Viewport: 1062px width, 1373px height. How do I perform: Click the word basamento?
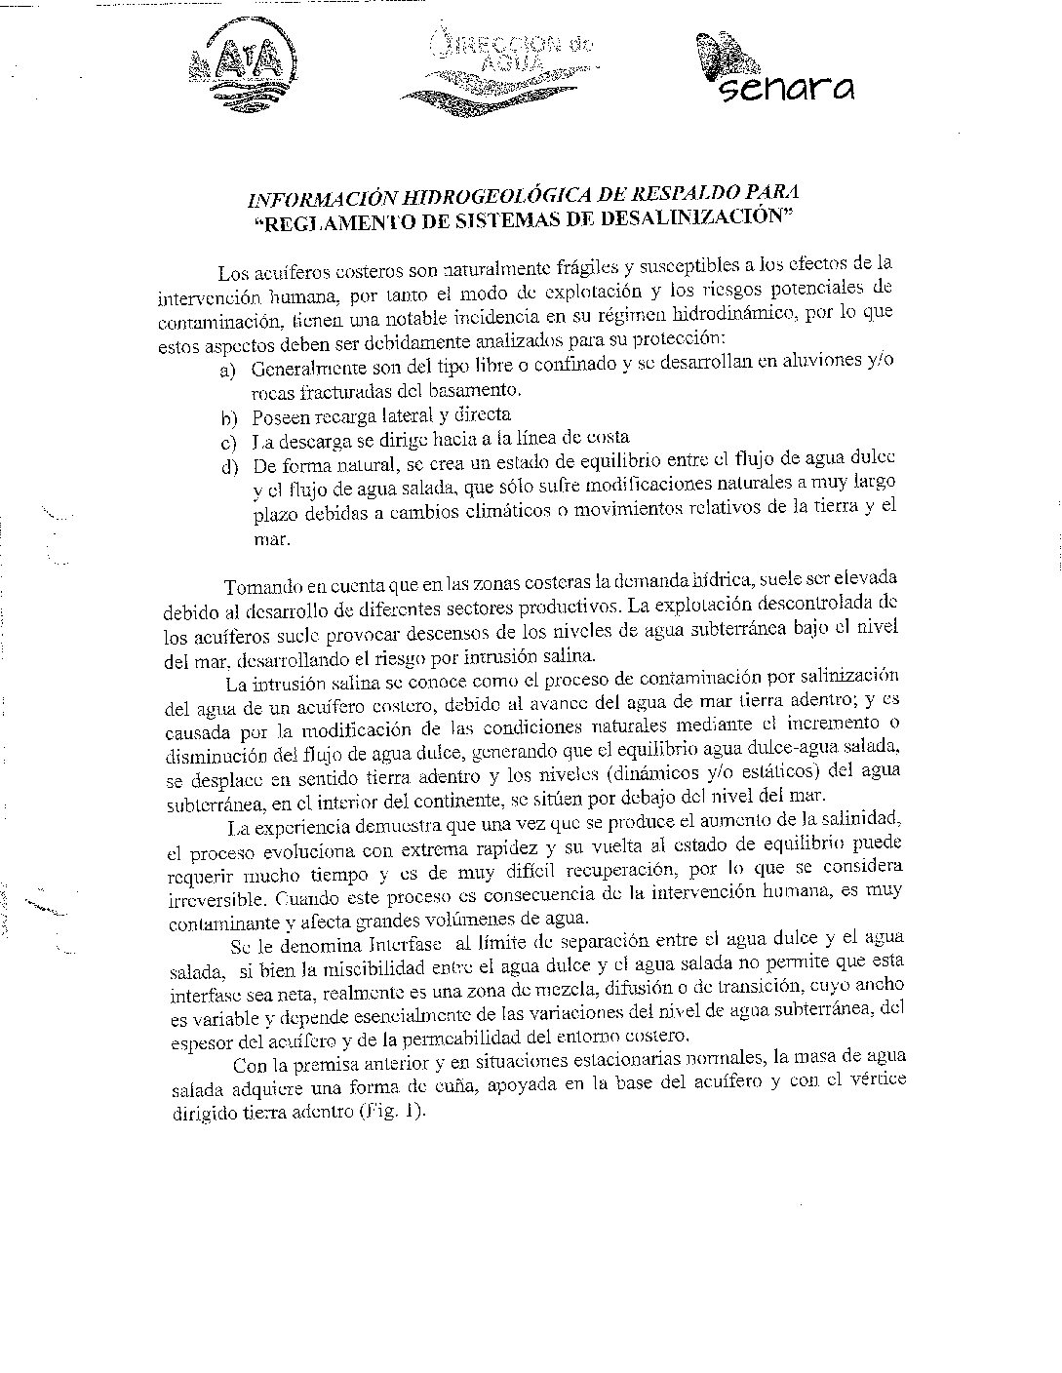tap(477, 390)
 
